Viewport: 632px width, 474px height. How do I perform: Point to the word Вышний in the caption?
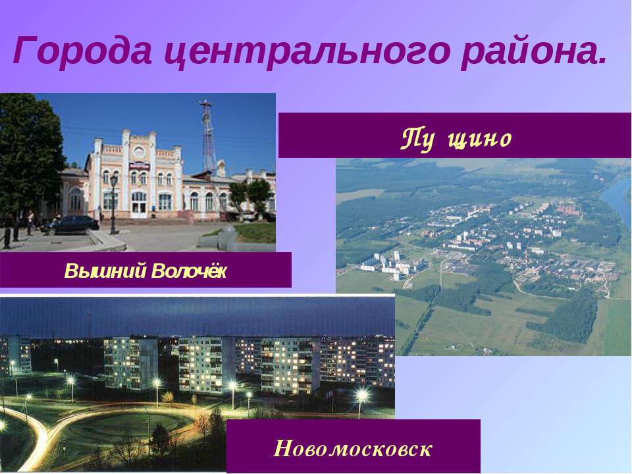[x=105, y=271]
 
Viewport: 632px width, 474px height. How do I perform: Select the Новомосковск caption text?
[x=353, y=450]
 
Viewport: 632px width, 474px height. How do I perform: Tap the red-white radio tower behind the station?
[x=208, y=135]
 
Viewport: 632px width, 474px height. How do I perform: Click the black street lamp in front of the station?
[x=113, y=204]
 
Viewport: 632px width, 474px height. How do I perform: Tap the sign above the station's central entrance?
[x=138, y=167]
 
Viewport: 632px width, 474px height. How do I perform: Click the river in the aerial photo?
[x=617, y=197]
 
